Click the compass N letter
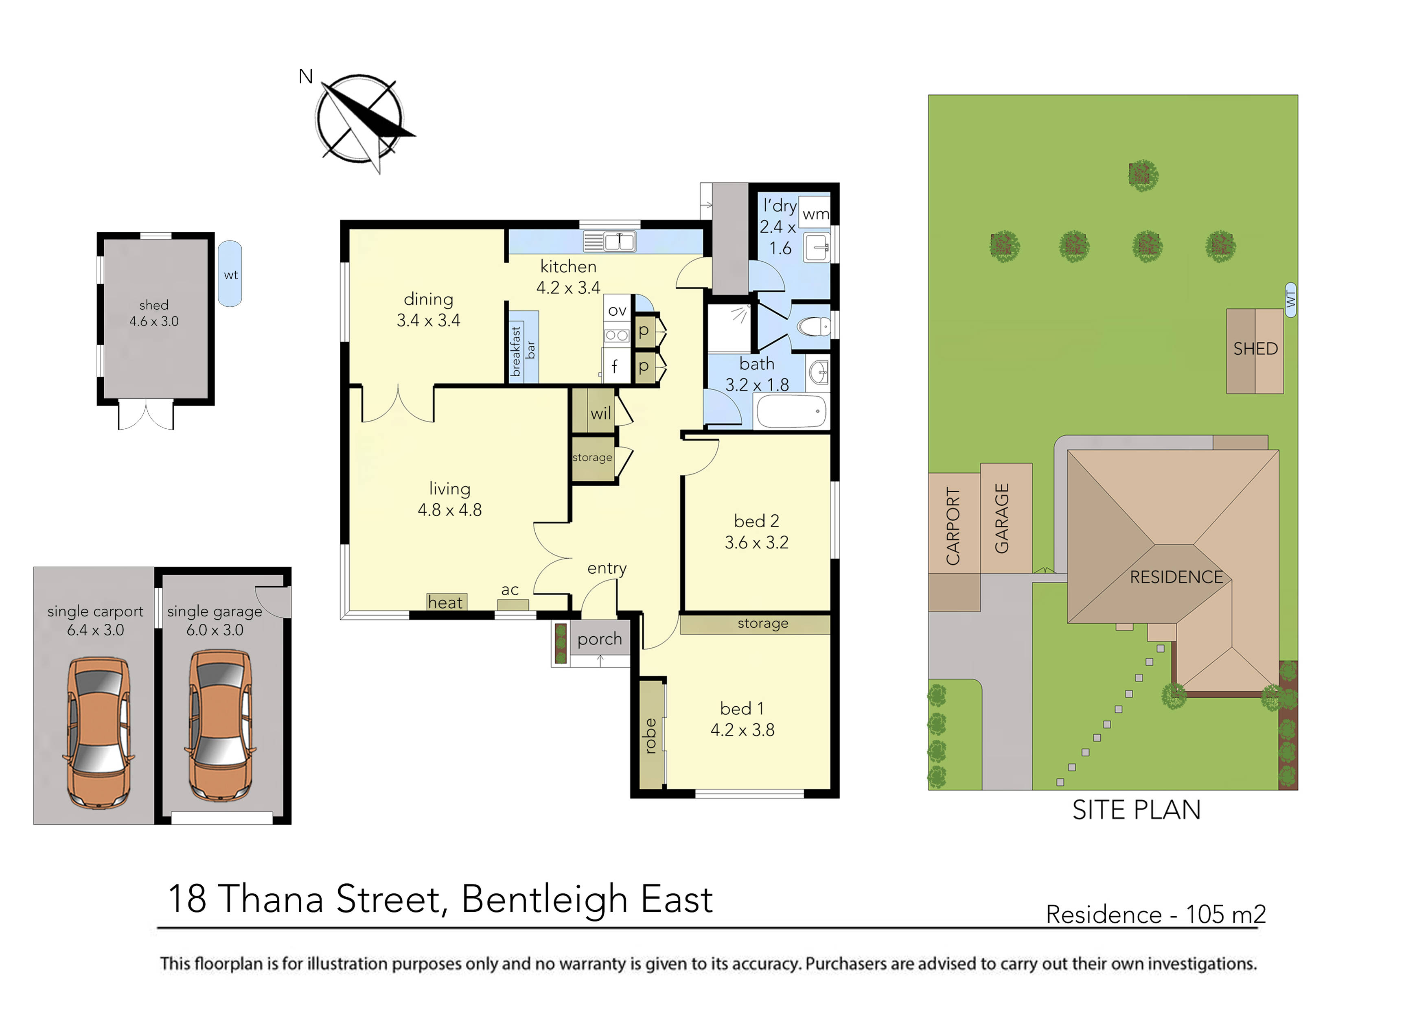305,76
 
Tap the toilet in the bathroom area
813,326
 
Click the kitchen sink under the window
609,241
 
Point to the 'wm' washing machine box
815,214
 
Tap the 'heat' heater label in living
445,603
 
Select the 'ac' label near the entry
510,590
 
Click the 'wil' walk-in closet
600,413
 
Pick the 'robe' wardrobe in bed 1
650,736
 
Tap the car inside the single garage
219,726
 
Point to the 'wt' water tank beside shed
230,274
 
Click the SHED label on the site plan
1255,349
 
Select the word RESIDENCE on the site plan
1176,577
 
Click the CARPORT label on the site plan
953,526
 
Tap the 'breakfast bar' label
522,351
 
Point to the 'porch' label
599,639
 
